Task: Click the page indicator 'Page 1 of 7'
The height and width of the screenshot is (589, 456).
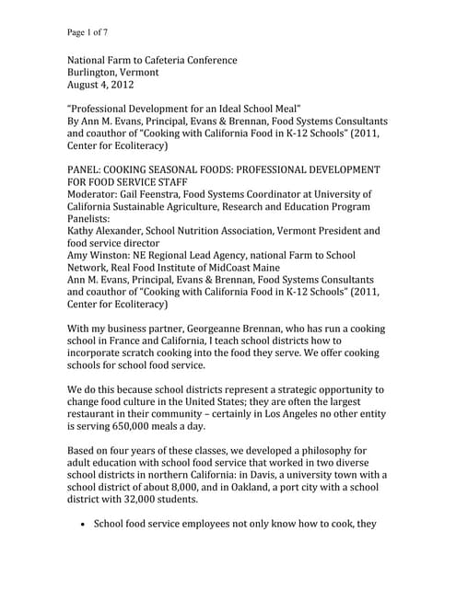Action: tap(88, 32)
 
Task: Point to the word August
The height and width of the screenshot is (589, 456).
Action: tap(85, 85)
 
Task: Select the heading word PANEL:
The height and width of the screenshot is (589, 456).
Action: tap(89, 170)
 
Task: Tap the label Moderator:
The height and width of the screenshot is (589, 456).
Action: tap(98, 195)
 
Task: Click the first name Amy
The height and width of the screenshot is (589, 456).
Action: tap(78, 255)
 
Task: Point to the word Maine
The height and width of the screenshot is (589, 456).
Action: tap(266, 267)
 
